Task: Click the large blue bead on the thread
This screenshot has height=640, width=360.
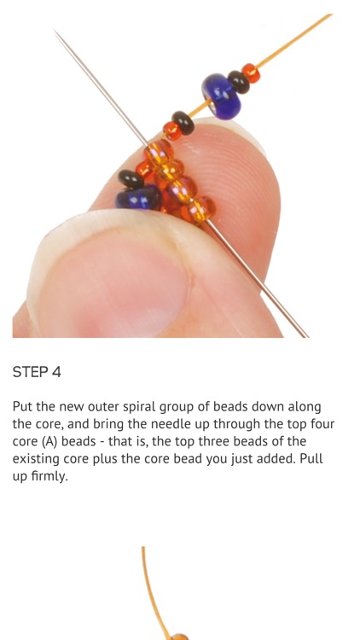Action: pos(221,95)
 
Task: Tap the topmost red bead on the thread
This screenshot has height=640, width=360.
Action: pos(250,73)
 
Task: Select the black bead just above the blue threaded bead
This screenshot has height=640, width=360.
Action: pos(238,81)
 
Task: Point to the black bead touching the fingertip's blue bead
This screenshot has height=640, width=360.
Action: pos(129,178)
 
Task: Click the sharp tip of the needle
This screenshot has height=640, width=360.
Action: pos(56,32)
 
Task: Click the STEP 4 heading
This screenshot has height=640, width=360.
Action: pos(37,372)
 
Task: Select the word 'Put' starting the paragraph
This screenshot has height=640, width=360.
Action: pos(23,407)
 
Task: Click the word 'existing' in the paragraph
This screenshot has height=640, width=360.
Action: pos(37,459)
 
